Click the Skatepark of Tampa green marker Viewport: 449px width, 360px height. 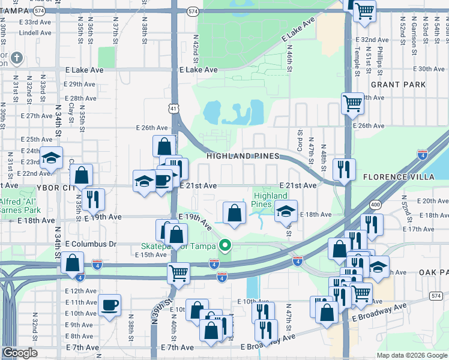pos(225,245)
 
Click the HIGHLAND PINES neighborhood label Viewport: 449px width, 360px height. pos(243,156)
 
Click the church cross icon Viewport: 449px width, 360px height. pos(17,59)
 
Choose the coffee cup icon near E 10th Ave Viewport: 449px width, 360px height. pos(110,305)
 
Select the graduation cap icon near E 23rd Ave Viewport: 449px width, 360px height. pos(52,158)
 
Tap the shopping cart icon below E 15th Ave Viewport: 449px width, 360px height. pos(178,273)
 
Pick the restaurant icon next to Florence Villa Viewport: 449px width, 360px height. pos(344,169)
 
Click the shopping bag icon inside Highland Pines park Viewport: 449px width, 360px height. pos(234,212)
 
